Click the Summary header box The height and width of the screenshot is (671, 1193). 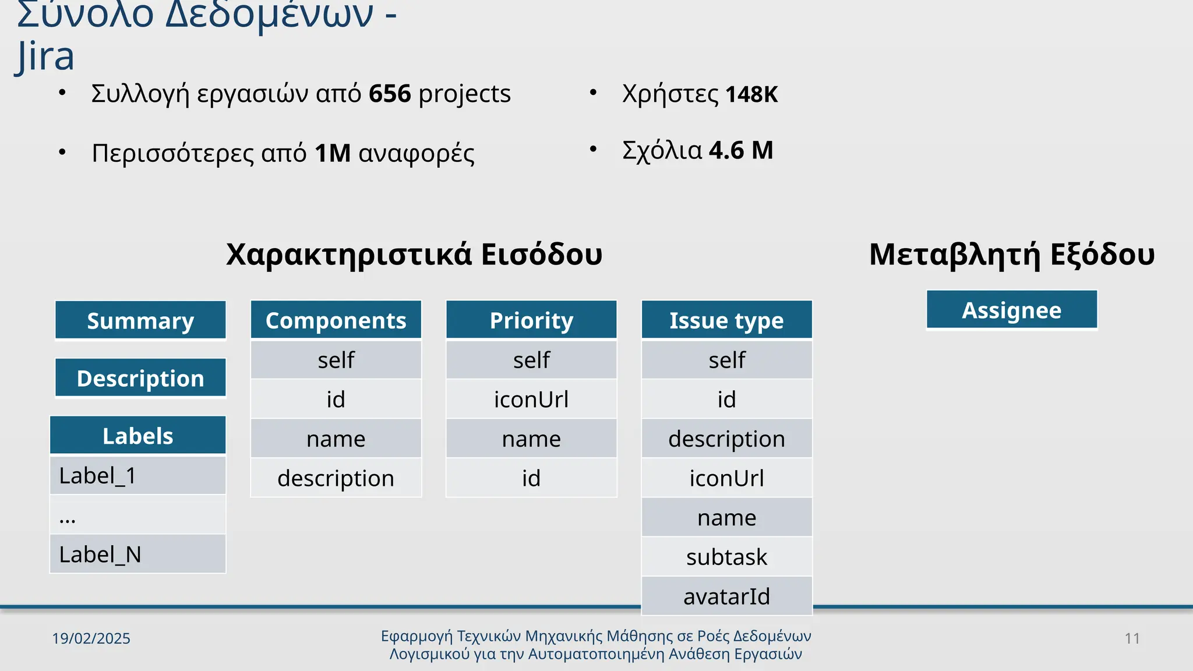(x=140, y=320)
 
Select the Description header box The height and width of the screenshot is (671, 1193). (x=140, y=378)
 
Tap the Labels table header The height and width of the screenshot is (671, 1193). (x=137, y=436)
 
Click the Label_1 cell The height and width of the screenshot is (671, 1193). (x=137, y=475)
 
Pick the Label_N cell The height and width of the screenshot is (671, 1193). (x=137, y=554)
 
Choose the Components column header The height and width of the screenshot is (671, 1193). (x=336, y=320)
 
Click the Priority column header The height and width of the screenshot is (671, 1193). (x=531, y=320)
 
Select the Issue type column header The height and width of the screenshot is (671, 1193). (x=726, y=320)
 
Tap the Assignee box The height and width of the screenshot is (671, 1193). (x=1012, y=310)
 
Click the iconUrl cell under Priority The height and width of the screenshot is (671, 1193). (x=531, y=399)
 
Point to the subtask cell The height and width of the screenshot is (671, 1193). (x=726, y=557)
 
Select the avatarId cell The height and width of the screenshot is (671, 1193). (x=726, y=596)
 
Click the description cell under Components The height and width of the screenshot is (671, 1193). (x=336, y=478)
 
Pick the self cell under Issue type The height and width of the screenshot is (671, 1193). (x=726, y=359)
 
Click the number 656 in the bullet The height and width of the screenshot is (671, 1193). (x=390, y=94)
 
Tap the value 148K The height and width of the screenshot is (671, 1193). (x=751, y=94)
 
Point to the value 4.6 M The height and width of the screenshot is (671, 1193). (x=741, y=150)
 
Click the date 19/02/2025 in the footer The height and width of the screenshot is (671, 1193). (x=91, y=638)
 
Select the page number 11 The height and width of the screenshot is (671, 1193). (x=1132, y=638)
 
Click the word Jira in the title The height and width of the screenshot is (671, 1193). (x=45, y=56)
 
